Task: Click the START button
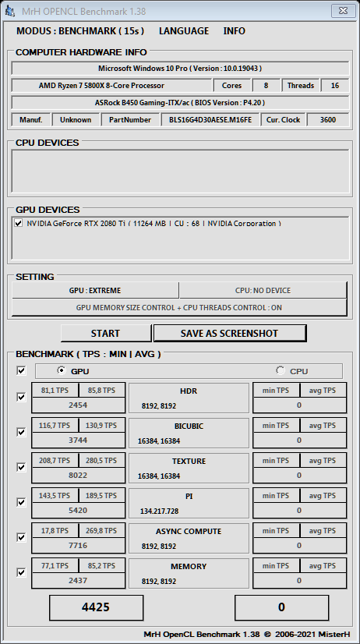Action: click(x=105, y=333)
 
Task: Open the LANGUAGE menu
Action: click(x=184, y=31)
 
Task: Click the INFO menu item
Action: click(x=234, y=31)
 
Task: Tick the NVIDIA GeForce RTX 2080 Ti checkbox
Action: click(x=19, y=223)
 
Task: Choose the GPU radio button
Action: click(x=62, y=371)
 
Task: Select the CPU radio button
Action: click(x=281, y=371)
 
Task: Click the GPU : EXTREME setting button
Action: click(x=95, y=290)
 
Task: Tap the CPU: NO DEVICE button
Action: click(x=263, y=290)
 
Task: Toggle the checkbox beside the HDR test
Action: click(x=21, y=397)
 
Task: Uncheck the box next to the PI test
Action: click(x=21, y=502)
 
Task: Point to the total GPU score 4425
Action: click(x=97, y=607)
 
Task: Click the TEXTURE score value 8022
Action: click(x=78, y=475)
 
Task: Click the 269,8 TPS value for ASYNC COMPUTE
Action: click(x=101, y=531)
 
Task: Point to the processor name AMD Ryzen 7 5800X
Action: click(x=112, y=86)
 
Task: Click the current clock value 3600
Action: click(x=327, y=120)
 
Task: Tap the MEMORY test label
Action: click(x=189, y=567)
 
